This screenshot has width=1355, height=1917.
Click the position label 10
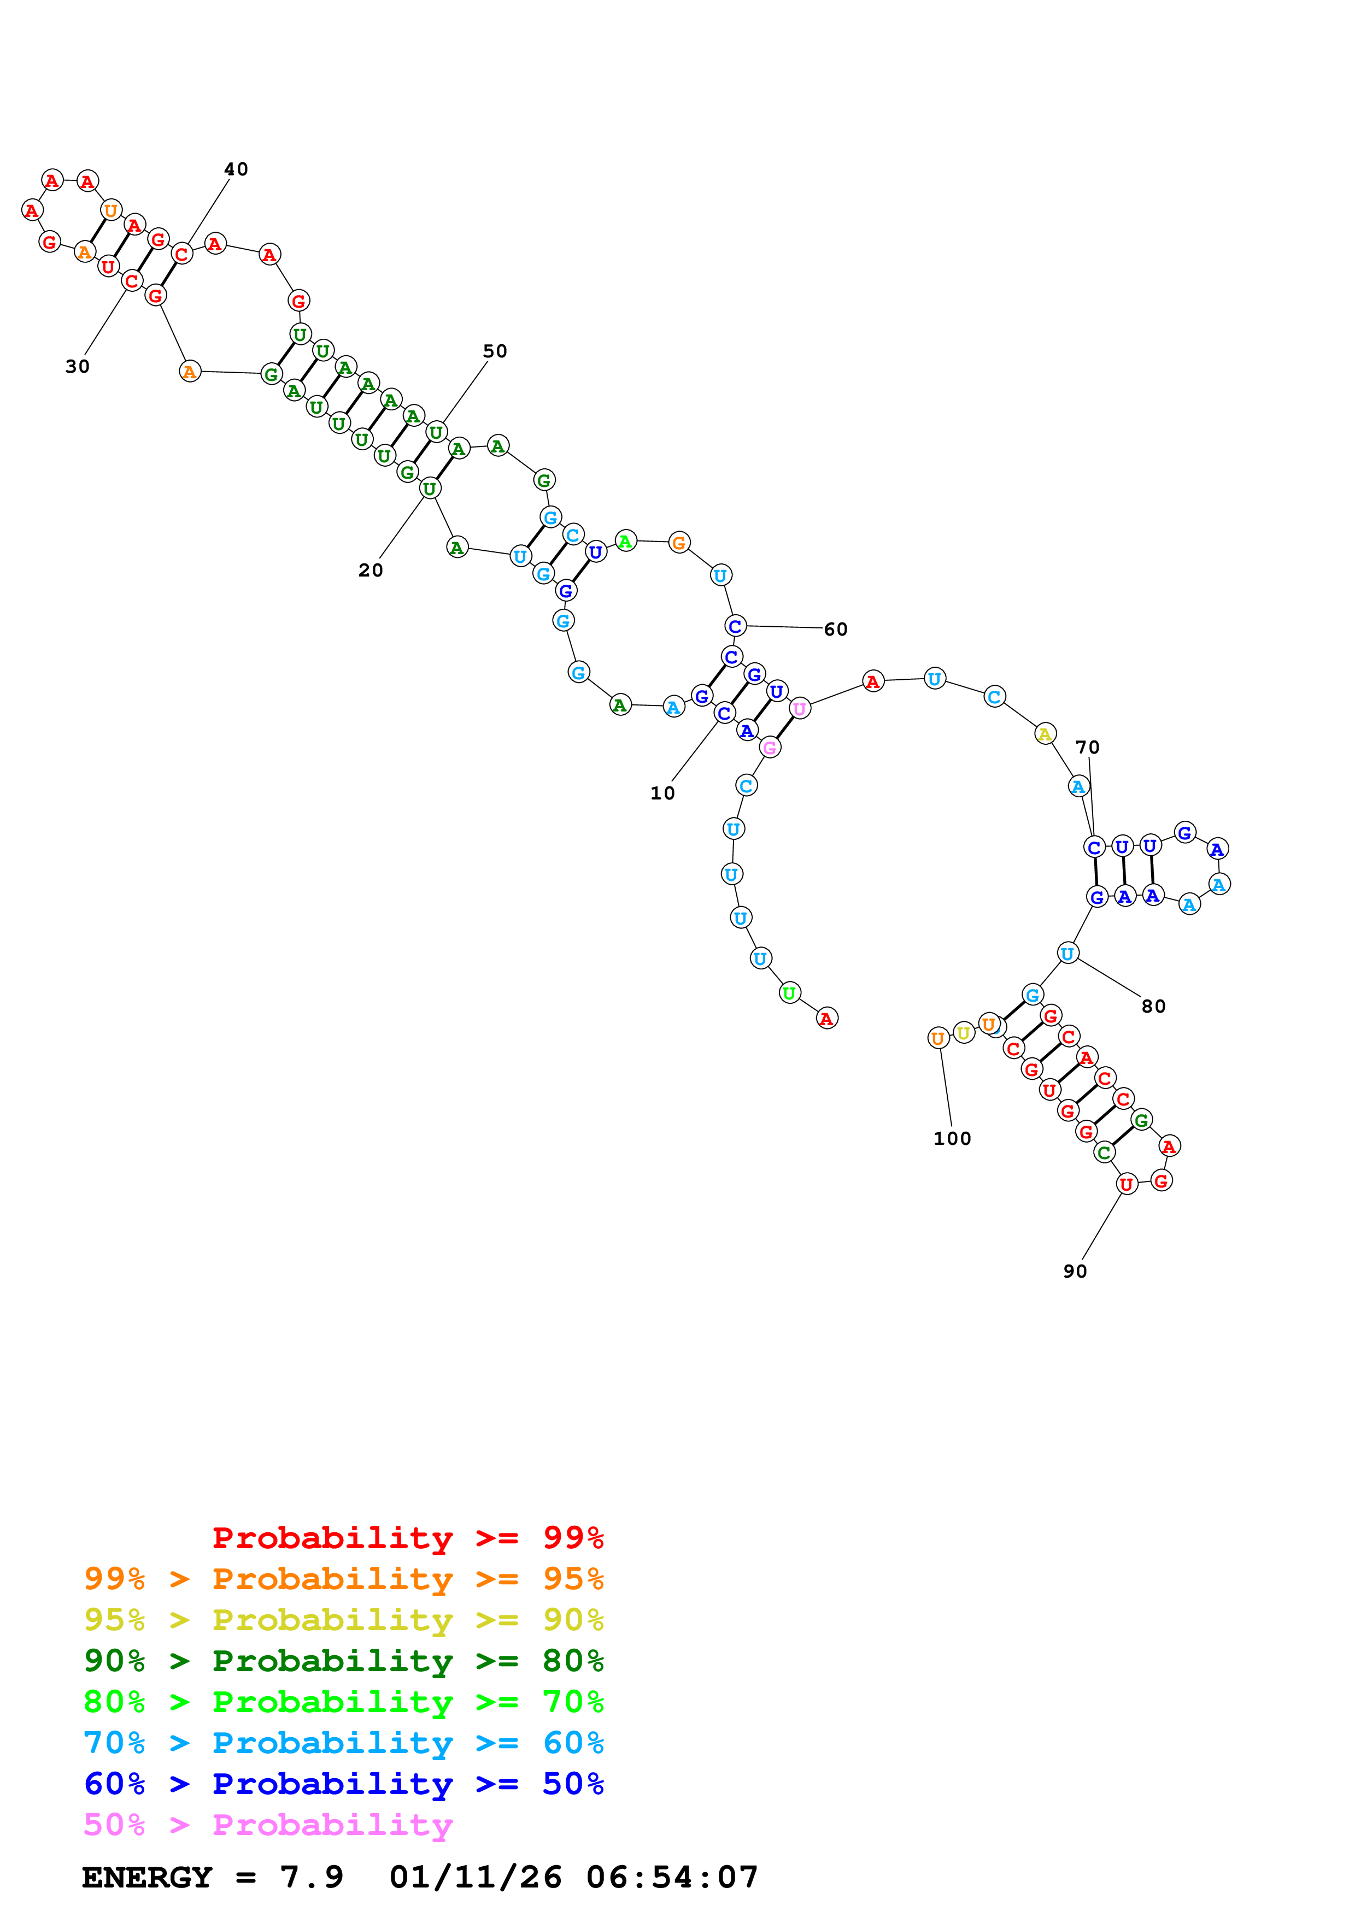coord(662,793)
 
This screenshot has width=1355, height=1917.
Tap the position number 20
coord(371,571)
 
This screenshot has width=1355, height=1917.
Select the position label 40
coord(236,169)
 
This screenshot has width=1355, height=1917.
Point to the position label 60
coord(836,630)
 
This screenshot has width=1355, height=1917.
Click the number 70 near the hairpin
coord(1087,747)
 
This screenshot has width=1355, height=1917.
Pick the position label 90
coord(1075,1272)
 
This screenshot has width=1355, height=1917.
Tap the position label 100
coord(952,1139)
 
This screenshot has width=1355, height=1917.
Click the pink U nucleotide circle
coord(800,709)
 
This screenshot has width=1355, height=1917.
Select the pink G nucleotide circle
coord(770,748)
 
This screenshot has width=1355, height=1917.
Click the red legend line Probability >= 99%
coord(407,1538)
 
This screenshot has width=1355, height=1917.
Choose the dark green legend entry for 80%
coord(344,1661)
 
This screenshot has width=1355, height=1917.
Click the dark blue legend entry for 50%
coord(344,1784)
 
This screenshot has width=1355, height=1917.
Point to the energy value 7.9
coord(312,1877)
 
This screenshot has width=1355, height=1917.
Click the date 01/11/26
coord(475,1877)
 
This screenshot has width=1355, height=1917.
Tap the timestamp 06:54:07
coord(672,1877)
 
